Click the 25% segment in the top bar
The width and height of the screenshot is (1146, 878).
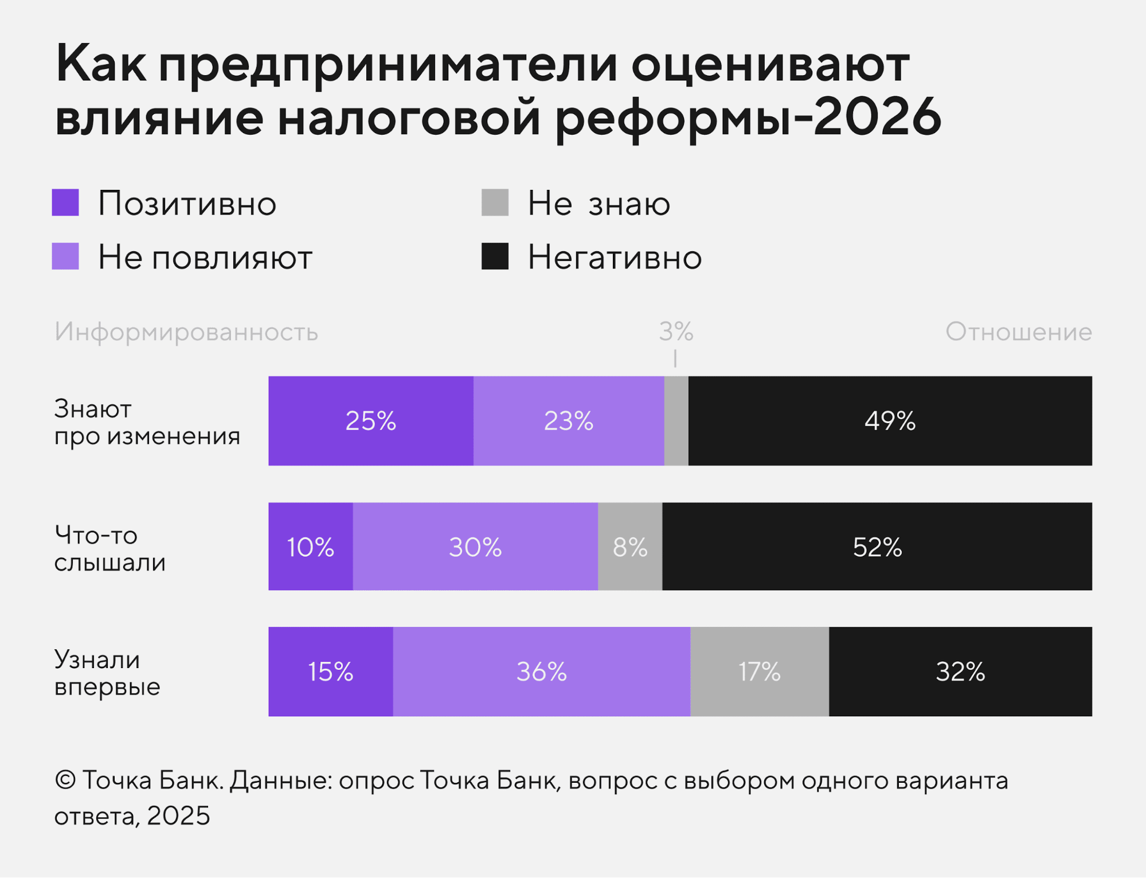pos(370,420)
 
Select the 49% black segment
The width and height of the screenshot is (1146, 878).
pos(889,420)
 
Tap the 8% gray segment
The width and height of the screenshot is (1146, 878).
pos(629,547)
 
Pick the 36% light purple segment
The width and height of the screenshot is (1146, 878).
pos(541,671)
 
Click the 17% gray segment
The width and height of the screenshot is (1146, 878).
pos(759,671)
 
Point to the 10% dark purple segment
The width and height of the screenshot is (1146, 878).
pos(310,547)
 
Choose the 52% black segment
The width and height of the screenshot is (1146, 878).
pos(877,547)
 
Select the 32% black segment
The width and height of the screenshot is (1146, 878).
pos(960,671)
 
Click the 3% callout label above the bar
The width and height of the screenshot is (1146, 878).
pos(676,331)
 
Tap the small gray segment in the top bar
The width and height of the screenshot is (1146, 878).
pos(676,420)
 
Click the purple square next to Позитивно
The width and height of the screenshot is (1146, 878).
pos(65,202)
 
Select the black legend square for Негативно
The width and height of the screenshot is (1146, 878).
pos(495,256)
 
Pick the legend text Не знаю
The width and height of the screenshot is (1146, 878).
pos(599,203)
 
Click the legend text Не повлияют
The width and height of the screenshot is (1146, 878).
pos(205,257)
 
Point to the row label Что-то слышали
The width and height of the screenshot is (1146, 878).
pos(109,549)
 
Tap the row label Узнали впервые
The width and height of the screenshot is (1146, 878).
pos(107,673)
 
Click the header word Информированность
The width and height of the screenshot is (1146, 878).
pos(186,332)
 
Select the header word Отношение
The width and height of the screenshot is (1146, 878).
pos(1018,331)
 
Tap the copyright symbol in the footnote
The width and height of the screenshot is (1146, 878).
pos(65,781)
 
